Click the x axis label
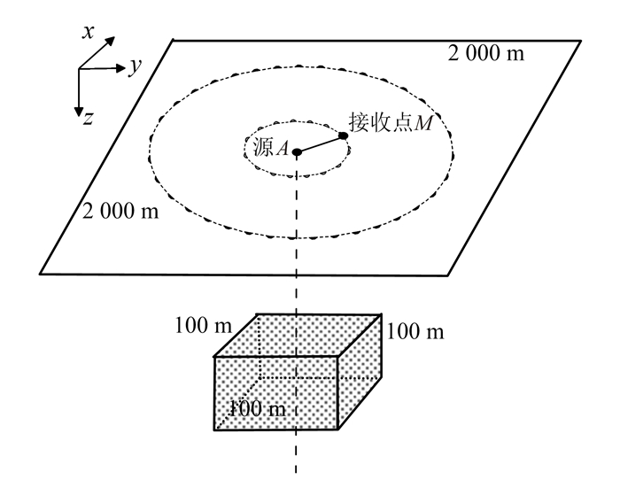point(89,31)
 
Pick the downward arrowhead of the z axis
point(79,109)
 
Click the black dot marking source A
point(298,152)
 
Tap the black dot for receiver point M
point(343,135)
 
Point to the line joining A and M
point(321,144)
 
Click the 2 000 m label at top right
point(484,54)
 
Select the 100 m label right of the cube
point(415,332)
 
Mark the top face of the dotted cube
point(299,334)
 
